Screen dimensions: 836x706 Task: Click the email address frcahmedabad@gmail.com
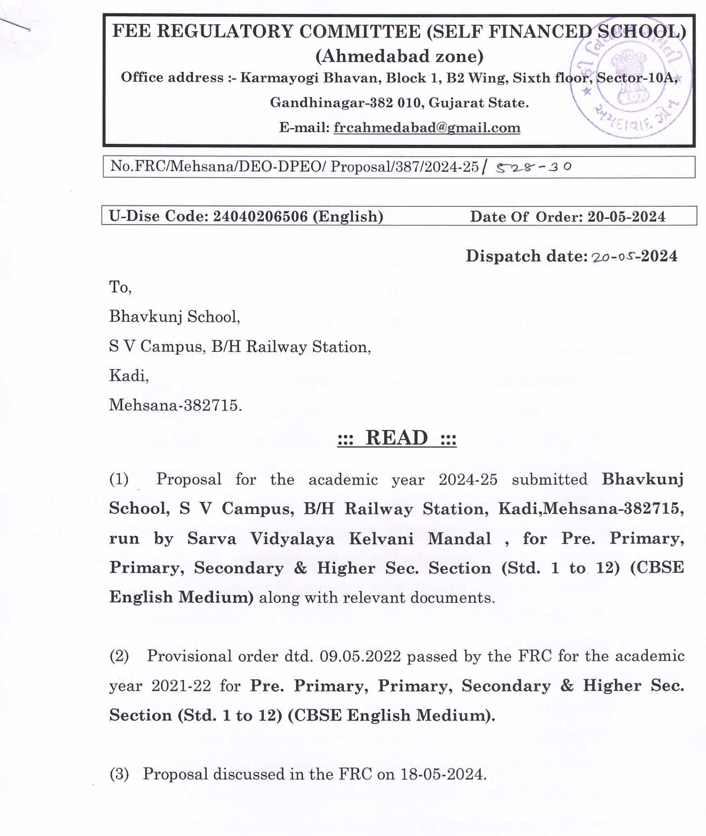(x=427, y=128)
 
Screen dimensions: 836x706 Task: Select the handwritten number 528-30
(x=533, y=167)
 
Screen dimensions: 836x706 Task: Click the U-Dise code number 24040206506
(x=260, y=216)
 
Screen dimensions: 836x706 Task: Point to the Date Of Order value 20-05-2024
(x=626, y=217)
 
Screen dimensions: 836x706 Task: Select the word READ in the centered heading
(x=397, y=438)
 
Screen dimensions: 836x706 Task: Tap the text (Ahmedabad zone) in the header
(x=399, y=56)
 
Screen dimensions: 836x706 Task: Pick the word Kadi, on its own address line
(x=129, y=376)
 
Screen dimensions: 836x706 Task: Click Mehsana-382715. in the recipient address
(x=175, y=405)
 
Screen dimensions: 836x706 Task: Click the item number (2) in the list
(x=119, y=656)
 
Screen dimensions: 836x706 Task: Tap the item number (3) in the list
(x=119, y=774)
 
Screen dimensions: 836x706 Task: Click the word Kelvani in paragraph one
(x=381, y=539)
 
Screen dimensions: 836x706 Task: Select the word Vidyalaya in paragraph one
(x=292, y=539)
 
